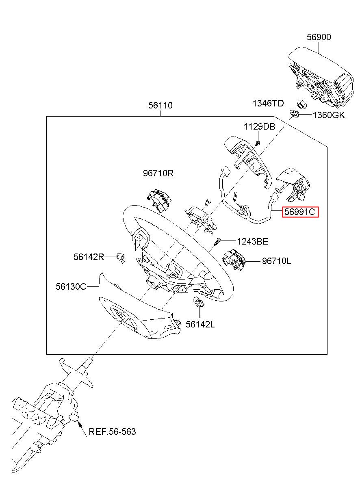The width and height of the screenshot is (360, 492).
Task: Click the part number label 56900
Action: (x=319, y=37)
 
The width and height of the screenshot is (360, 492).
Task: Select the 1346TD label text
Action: (x=268, y=103)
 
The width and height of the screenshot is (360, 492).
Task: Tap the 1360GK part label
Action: (x=329, y=115)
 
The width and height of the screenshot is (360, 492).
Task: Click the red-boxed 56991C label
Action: (x=300, y=212)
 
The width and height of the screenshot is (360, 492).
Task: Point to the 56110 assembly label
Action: (x=160, y=106)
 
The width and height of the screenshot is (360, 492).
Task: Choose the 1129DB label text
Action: (x=259, y=126)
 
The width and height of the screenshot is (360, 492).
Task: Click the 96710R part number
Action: (x=158, y=173)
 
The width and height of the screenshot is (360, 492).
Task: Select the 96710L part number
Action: (x=276, y=261)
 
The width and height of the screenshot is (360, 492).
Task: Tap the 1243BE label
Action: (x=253, y=241)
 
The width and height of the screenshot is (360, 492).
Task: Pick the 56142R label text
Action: (x=89, y=257)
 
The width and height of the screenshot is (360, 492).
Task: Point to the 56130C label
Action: (x=71, y=286)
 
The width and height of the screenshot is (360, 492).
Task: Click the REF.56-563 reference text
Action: (x=112, y=431)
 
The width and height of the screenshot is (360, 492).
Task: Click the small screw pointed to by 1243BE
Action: (x=217, y=242)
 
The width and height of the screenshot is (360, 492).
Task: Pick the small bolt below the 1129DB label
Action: (x=258, y=143)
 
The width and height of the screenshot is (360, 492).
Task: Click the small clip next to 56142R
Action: (x=121, y=258)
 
